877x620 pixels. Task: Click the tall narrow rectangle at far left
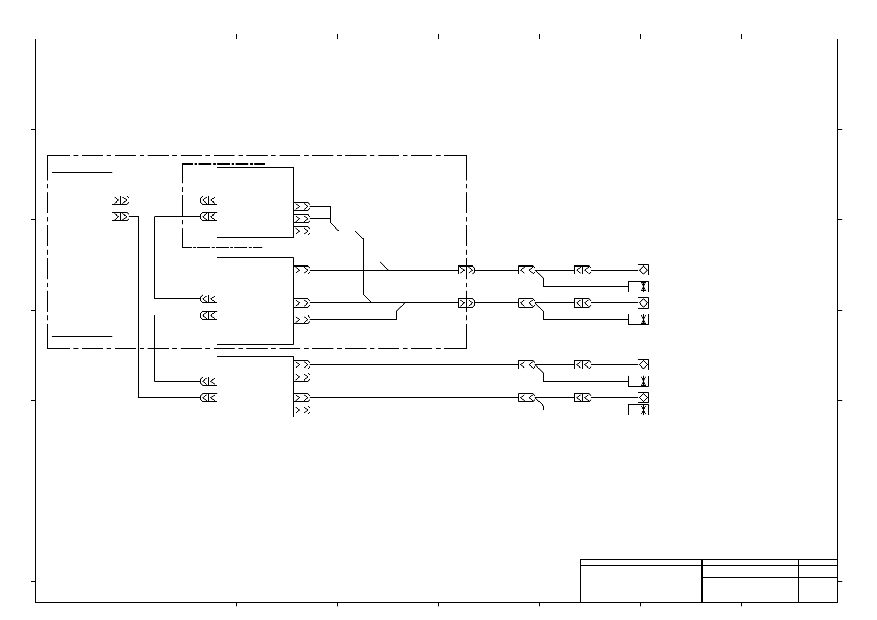(82, 254)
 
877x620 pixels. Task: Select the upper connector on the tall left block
(120, 200)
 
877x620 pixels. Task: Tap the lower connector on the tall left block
(120, 216)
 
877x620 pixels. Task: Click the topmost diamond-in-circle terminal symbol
(643, 270)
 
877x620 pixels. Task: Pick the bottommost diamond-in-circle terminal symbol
(643, 398)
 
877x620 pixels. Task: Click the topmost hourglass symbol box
(638, 286)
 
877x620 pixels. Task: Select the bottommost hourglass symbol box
(638, 410)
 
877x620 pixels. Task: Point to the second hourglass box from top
(638, 319)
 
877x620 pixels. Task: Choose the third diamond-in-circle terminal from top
(643, 365)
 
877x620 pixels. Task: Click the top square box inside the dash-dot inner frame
(255, 202)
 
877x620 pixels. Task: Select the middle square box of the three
(255, 300)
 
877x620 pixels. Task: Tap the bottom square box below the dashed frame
(255, 386)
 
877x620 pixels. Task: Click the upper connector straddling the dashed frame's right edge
(466, 270)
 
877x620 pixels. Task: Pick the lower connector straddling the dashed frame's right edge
(466, 303)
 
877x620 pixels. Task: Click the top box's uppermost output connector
(302, 206)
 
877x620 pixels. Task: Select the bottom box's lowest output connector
(302, 410)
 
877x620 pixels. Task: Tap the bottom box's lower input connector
(208, 398)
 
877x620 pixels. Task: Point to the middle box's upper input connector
(208, 299)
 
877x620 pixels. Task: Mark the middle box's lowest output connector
(302, 319)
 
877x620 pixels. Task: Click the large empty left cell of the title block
(641, 584)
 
